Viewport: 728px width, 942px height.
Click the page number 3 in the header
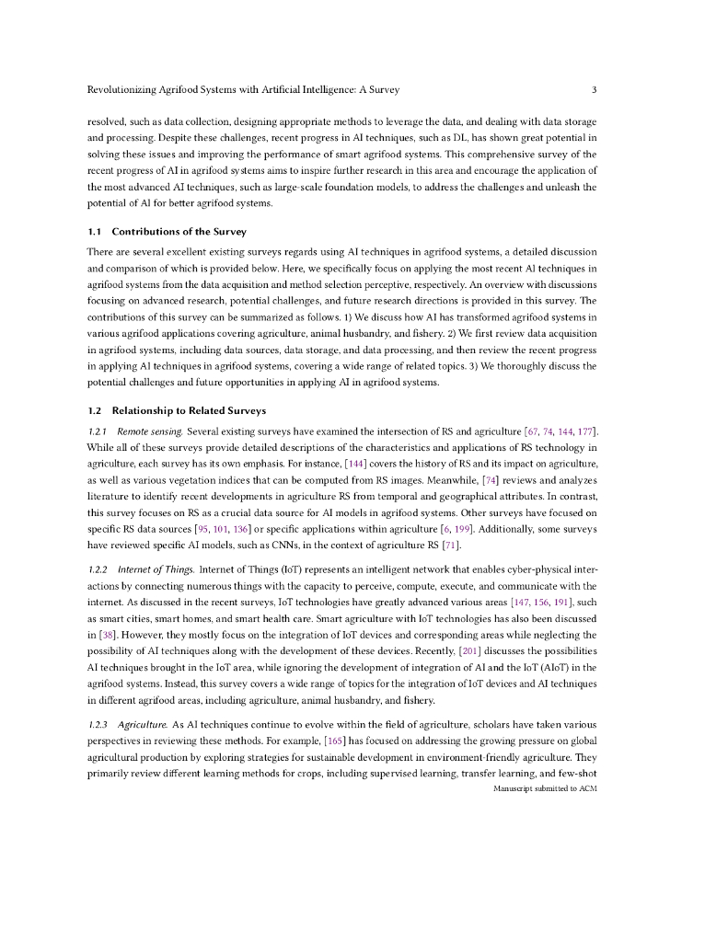tap(595, 90)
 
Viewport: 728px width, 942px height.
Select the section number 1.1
tap(93, 232)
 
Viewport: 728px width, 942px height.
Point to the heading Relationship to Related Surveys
tap(189, 410)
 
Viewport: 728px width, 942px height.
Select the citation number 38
tap(103, 635)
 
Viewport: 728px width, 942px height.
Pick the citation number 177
tap(586, 431)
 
